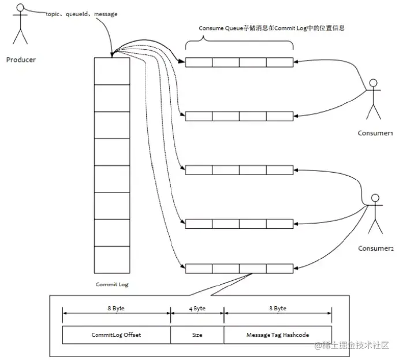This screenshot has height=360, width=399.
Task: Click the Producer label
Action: click(21, 60)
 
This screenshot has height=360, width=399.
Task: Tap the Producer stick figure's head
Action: click(20, 8)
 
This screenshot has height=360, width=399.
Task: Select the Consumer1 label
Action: click(375, 133)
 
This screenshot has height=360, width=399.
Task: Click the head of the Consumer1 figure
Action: click(373, 83)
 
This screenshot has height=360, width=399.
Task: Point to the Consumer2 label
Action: click(375, 248)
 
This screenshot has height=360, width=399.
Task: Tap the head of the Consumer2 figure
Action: click(375, 198)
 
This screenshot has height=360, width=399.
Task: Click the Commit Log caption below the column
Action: click(112, 284)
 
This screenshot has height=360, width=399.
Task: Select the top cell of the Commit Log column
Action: click(112, 71)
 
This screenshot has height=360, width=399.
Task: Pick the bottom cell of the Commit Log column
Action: click(112, 259)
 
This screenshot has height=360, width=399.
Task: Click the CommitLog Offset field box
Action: click(116, 335)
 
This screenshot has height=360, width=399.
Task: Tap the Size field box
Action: click(197, 335)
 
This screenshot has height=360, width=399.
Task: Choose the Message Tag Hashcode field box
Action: click(278, 335)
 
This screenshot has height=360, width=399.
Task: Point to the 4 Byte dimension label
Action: click(197, 309)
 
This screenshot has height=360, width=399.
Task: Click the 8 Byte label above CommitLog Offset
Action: click(116, 309)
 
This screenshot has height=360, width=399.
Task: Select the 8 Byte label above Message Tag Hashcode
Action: click(278, 309)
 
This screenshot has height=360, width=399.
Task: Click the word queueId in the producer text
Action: click(77, 14)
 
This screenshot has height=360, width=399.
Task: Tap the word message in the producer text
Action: click(106, 14)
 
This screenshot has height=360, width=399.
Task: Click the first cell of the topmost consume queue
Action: click(199, 62)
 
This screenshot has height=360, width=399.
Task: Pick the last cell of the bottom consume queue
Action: click(279, 269)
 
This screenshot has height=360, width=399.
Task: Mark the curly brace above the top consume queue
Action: click(239, 42)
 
